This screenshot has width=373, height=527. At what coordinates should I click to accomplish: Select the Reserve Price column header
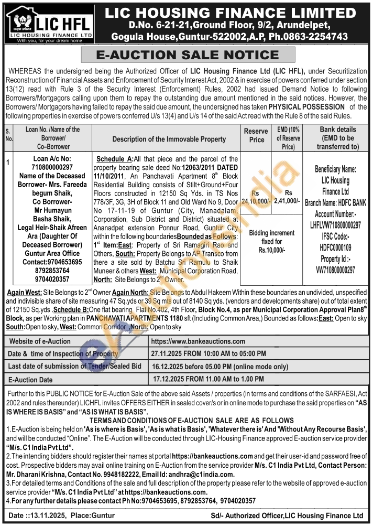click(257, 135)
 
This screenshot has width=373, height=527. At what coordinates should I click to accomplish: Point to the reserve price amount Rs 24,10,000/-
click(256, 197)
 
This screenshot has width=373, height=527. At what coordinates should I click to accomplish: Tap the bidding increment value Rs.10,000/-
click(271, 251)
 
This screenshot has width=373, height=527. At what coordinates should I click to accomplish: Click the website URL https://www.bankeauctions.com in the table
click(198, 341)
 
